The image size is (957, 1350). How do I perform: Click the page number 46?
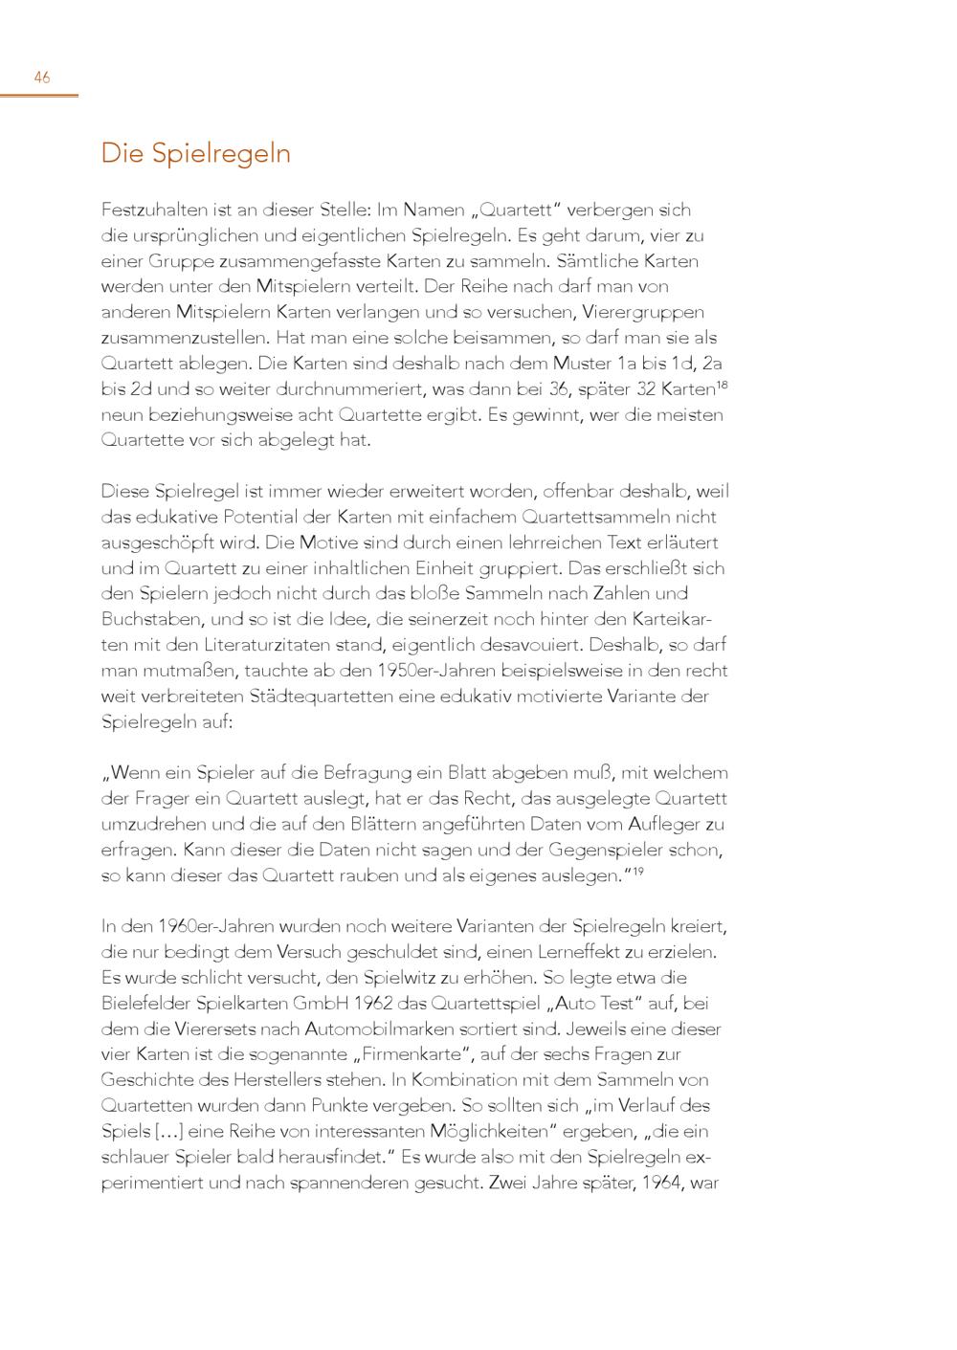[42, 78]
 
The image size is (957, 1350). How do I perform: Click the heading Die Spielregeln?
[196, 154]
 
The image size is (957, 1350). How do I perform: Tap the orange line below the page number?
[39, 96]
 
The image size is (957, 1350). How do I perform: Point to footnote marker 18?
[723, 384]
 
